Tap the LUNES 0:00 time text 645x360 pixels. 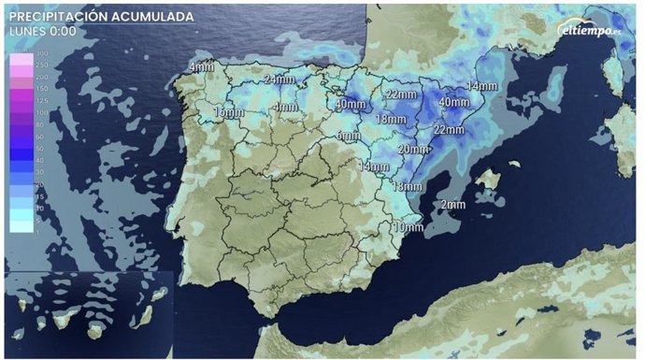coord(43,31)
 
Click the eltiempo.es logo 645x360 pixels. coord(591,30)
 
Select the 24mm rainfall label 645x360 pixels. coord(279,79)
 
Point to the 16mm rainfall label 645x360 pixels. coord(229,113)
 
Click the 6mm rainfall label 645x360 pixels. coord(349,136)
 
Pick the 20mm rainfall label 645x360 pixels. coord(413,149)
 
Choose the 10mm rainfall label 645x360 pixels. coord(407,227)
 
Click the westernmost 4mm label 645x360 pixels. coord(200,67)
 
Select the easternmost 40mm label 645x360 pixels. coord(454,101)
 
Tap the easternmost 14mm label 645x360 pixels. coord(481,86)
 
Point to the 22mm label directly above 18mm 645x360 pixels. coord(400,94)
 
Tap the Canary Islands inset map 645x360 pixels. coord(89,313)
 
